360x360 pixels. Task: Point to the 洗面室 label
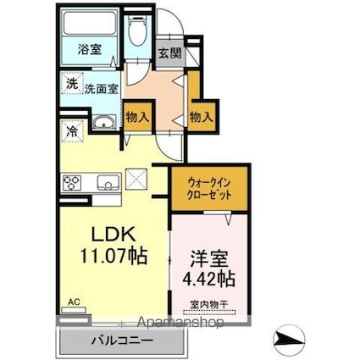[101, 87]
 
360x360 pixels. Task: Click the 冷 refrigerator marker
[72, 132]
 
